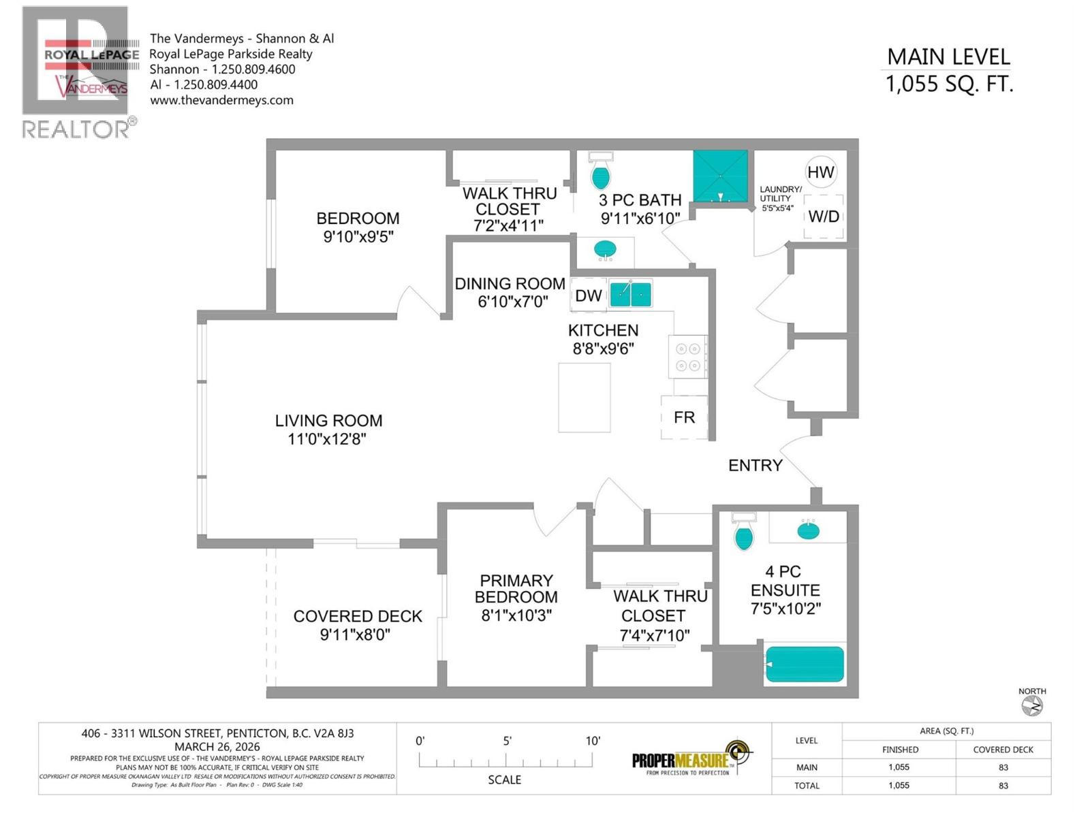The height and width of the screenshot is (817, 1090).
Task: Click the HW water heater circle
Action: (x=820, y=172)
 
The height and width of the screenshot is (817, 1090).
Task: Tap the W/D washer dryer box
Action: (x=824, y=217)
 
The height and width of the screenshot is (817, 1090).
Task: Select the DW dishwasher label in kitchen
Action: (x=588, y=295)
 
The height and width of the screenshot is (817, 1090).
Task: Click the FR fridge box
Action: (x=684, y=417)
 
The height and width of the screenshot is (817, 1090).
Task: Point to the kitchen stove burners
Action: (x=687, y=357)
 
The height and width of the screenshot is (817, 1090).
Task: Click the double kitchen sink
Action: (x=631, y=294)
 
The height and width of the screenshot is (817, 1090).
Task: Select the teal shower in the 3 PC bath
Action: (x=720, y=176)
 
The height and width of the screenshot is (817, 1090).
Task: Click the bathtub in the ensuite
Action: (x=805, y=664)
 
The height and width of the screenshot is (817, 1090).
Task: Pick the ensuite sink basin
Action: (x=808, y=530)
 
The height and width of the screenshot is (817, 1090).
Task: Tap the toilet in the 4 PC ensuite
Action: (x=744, y=534)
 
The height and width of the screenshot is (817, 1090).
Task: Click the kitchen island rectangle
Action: (x=584, y=398)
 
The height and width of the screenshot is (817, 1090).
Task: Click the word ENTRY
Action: (x=755, y=466)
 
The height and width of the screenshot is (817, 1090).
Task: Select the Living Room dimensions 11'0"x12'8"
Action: (x=327, y=439)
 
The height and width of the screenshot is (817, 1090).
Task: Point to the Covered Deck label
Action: (x=358, y=616)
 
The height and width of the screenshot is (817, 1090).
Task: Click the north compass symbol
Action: (x=1032, y=707)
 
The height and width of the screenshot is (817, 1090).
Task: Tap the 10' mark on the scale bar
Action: (x=593, y=741)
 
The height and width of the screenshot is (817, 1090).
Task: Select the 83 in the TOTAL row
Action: (x=1003, y=785)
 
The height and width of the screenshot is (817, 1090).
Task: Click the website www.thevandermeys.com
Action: (x=221, y=100)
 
